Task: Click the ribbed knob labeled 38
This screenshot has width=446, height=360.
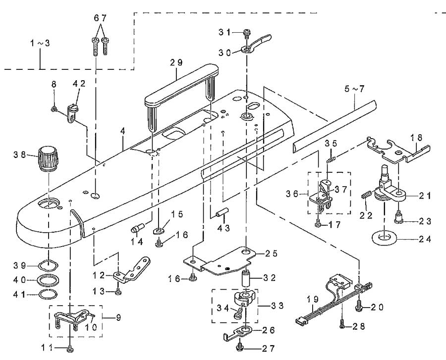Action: pos(48,158)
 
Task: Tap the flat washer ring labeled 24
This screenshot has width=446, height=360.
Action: pos(385,237)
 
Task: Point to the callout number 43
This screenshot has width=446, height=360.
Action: pos(223,228)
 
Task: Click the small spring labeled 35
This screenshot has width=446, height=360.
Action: pos(332,160)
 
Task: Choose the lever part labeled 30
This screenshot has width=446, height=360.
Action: pos(256,45)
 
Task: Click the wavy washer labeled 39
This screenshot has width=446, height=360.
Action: pos(49,265)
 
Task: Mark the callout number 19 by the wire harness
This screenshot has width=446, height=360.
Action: pos(313,299)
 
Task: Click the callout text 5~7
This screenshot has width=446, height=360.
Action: pos(354,89)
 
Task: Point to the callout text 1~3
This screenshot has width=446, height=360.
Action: pos(40,44)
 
